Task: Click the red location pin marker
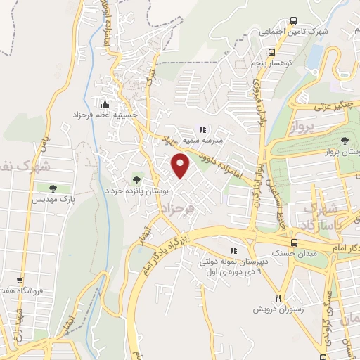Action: (x=181, y=167)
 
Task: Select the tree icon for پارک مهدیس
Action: (x=53, y=188)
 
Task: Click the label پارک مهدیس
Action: (x=52, y=200)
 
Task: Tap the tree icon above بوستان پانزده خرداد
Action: (x=136, y=179)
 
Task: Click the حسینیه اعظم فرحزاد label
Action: (x=106, y=114)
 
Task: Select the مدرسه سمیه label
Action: (x=202, y=140)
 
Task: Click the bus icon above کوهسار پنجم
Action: (x=271, y=51)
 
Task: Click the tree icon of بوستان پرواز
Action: (x=344, y=141)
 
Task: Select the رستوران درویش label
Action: (x=278, y=309)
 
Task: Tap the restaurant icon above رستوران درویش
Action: (x=278, y=298)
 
